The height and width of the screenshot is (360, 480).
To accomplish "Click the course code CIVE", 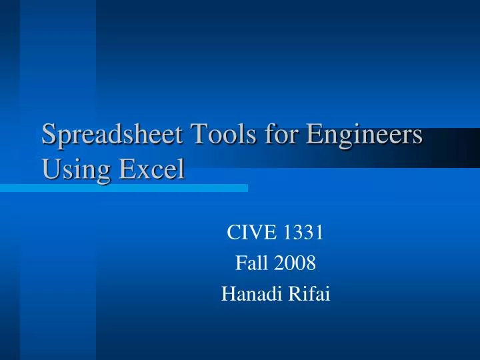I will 253,232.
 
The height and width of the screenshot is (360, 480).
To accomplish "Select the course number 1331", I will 304,232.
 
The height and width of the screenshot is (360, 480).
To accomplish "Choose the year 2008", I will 297,264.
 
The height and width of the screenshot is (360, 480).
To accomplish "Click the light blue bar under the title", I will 124,189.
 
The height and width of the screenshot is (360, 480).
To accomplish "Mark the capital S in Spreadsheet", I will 48,134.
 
